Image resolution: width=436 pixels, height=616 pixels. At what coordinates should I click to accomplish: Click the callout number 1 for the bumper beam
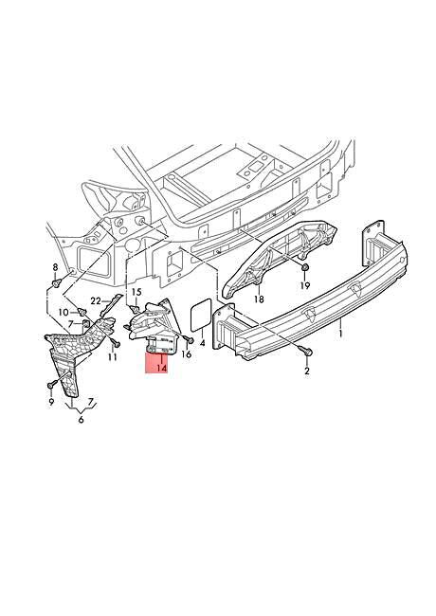(341, 334)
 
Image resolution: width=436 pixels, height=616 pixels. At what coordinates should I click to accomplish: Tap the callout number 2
(307, 371)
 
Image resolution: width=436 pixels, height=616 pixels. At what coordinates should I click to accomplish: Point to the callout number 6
(82, 418)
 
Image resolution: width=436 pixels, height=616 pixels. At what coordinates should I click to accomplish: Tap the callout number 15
(136, 292)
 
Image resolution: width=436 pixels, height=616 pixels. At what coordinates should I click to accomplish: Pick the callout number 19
(305, 284)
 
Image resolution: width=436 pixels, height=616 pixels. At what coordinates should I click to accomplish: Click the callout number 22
(96, 301)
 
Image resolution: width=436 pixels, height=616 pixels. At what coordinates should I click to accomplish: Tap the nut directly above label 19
(304, 267)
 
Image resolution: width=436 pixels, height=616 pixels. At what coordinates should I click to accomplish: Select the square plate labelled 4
(199, 316)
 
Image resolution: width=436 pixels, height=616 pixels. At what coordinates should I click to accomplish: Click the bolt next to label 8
(58, 283)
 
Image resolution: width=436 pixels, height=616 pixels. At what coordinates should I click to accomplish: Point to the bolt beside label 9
(49, 386)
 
